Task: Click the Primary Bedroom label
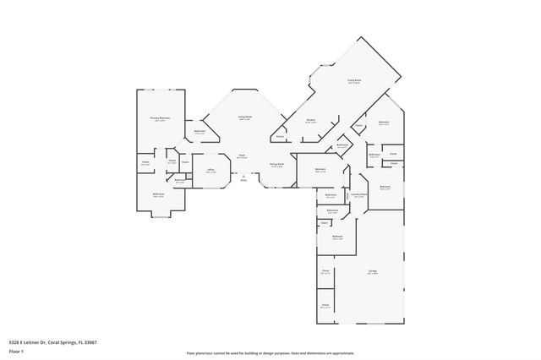pyautogui.click(x=160, y=118)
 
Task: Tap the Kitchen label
pyautogui.click(x=310, y=120)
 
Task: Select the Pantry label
pyautogui.click(x=279, y=136)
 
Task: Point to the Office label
pyautogui.click(x=210, y=170)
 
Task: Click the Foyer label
pyautogui.click(x=242, y=155)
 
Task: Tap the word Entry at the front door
pyautogui.click(x=243, y=180)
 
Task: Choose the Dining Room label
pyautogui.click(x=276, y=164)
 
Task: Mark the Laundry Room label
pyautogui.click(x=358, y=194)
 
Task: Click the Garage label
pyautogui.click(x=372, y=271)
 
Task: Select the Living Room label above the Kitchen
pyautogui.click(x=353, y=81)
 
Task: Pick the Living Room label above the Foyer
pyautogui.click(x=244, y=117)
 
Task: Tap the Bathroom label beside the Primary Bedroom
pyautogui.click(x=199, y=131)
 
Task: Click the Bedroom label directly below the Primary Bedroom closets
pyautogui.click(x=158, y=194)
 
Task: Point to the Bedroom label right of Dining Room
pyautogui.click(x=320, y=170)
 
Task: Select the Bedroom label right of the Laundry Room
pyautogui.click(x=385, y=186)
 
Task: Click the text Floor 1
pyautogui.click(x=16, y=350)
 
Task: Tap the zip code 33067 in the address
pyautogui.click(x=89, y=342)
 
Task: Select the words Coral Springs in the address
pyautogui.click(x=59, y=342)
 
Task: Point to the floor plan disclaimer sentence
pyautogui.click(x=270, y=353)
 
